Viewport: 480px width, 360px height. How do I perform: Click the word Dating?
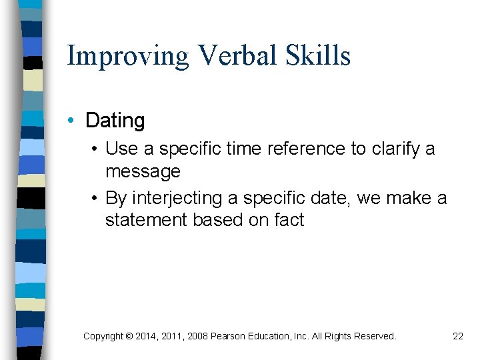115,121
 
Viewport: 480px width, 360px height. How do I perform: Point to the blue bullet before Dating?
71,121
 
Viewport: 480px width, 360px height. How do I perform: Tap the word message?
143,171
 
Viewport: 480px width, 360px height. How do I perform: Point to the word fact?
289,220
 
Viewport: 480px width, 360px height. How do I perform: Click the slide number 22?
457,336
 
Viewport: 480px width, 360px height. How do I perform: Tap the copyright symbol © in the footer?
129,336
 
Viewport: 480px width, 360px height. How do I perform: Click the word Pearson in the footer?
229,336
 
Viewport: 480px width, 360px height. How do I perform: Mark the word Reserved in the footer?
374,336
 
